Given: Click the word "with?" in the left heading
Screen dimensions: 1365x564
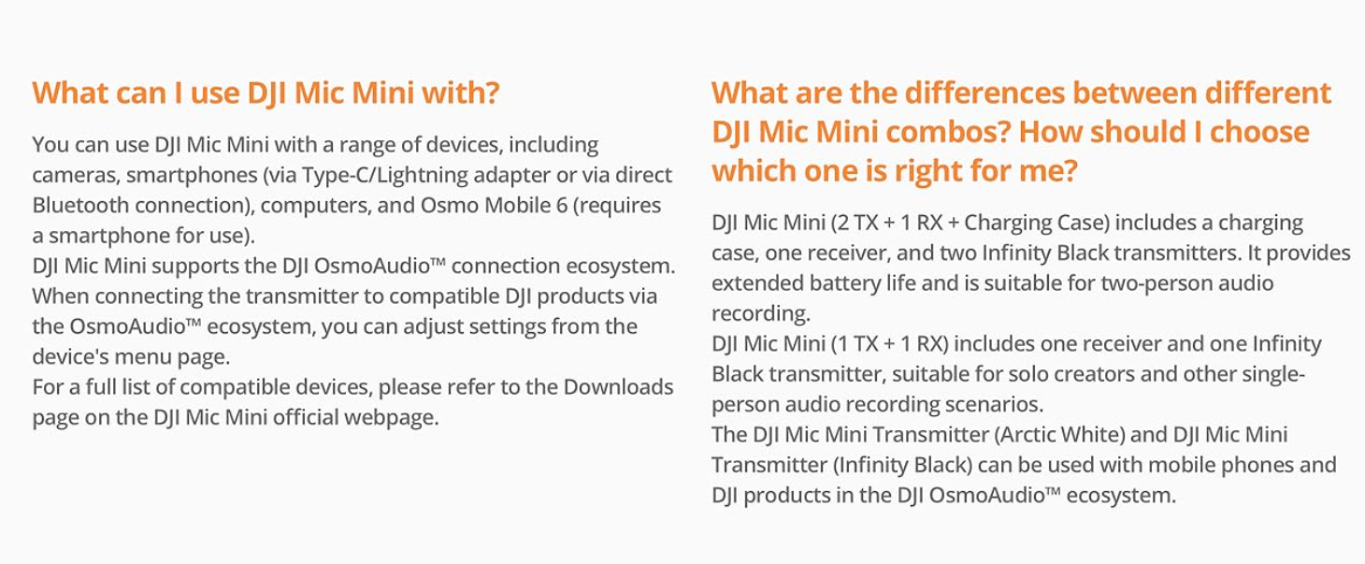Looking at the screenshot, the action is click(x=461, y=94).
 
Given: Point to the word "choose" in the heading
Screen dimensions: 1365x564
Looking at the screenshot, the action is click(x=1259, y=132).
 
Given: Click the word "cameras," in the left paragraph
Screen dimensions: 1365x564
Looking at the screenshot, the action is click(x=76, y=176).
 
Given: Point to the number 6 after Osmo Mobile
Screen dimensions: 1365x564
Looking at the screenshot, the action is click(x=561, y=206).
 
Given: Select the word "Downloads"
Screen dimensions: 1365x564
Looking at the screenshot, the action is click(x=618, y=387).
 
